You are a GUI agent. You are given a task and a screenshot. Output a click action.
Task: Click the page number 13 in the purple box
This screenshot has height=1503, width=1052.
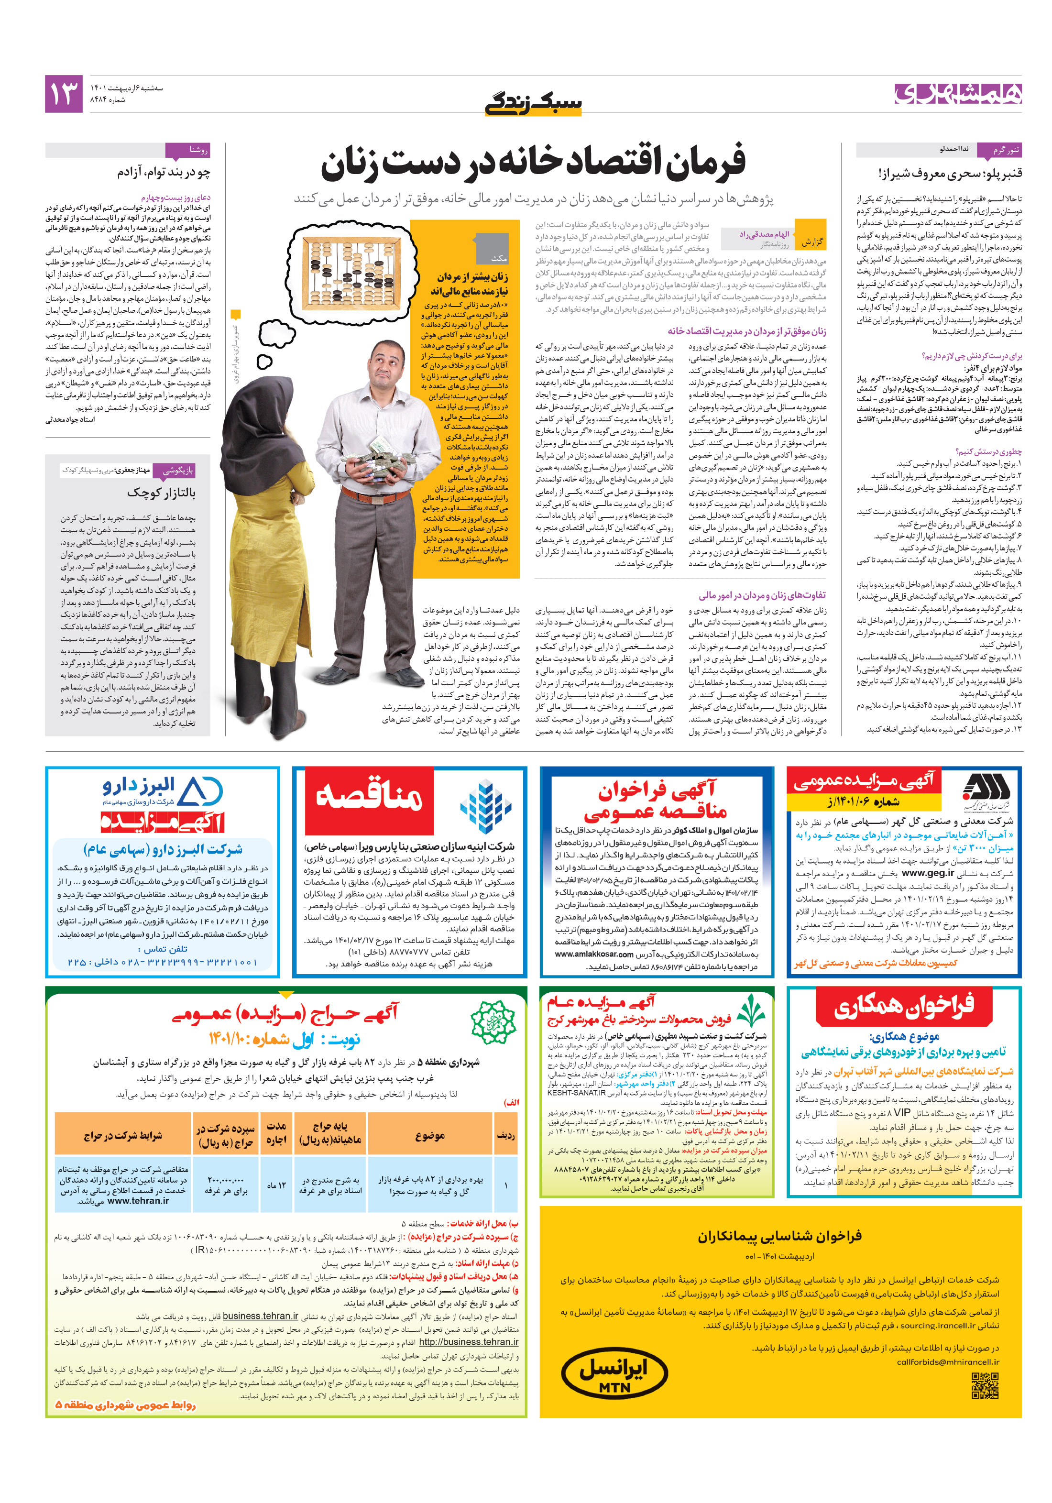[x=64, y=94]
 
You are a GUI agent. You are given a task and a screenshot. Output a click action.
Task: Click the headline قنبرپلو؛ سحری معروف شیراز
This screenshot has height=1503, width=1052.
[x=949, y=174]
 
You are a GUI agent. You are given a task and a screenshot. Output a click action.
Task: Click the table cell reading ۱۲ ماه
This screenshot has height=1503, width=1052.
[x=276, y=1185]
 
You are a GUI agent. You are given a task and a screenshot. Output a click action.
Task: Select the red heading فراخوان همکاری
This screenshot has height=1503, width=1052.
[x=903, y=1008]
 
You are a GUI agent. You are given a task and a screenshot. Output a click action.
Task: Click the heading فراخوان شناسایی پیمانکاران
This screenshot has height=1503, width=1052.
[x=779, y=1235]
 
